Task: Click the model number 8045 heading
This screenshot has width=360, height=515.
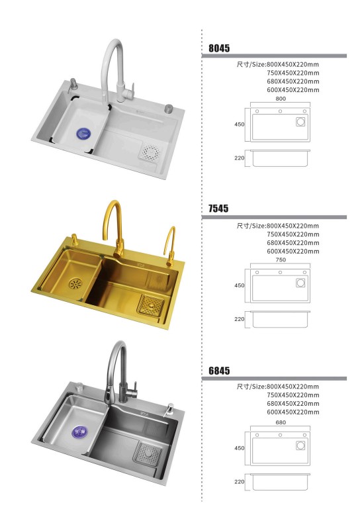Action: (x=219, y=48)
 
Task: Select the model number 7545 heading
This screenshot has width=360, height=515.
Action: (x=218, y=209)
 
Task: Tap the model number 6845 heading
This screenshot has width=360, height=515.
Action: (x=219, y=371)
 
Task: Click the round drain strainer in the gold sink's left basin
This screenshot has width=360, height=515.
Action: (x=75, y=284)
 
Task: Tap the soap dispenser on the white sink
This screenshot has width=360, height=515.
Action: (x=73, y=85)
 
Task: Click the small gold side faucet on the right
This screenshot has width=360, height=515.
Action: (x=171, y=246)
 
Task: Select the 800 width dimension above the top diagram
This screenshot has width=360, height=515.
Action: (x=281, y=99)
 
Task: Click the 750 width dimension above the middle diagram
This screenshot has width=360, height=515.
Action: (x=281, y=259)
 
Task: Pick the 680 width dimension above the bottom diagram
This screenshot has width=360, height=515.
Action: (x=281, y=422)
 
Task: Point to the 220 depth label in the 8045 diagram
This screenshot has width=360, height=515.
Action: (x=240, y=158)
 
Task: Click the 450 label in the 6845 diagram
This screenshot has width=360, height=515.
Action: (x=240, y=448)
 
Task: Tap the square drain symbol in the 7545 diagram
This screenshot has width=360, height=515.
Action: (x=300, y=283)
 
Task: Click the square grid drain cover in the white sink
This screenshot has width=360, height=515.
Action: (x=150, y=152)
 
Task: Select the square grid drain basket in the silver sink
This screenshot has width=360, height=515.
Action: (x=148, y=454)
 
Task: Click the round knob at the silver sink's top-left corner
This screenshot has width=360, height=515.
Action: (x=79, y=387)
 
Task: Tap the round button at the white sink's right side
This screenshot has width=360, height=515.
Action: (x=169, y=109)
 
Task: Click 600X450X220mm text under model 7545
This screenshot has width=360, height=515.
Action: (x=293, y=252)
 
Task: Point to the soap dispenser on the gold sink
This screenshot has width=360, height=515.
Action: (x=74, y=240)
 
